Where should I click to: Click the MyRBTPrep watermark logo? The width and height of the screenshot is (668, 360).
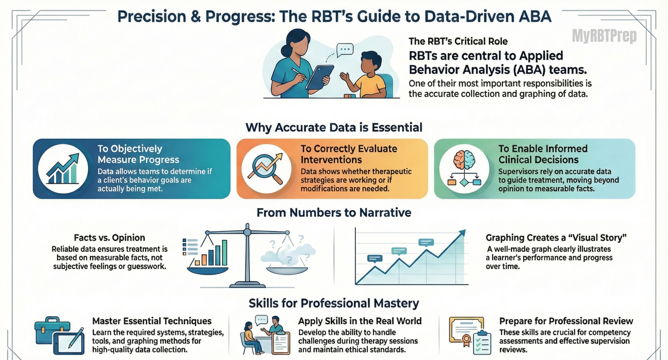pyautogui.click(x=604, y=36)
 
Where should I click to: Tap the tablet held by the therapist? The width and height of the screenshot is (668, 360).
pyautogui.click(x=320, y=77)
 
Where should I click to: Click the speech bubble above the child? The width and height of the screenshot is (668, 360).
pyautogui.click(x=344, y=50)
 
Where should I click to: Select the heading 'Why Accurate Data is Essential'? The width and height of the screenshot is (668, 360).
pyautogui.click(x=334, y=127)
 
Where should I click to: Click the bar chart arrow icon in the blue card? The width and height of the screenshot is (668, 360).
pyautogui.click(x=63, y=169)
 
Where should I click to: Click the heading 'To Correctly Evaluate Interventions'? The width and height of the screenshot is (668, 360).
pyautogui.click(x=349, y=154)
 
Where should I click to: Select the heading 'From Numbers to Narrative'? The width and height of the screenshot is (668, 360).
pyautogui.click(x=334, y=212)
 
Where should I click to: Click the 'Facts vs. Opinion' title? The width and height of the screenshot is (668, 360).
pyautogui.click(x=109, y=238)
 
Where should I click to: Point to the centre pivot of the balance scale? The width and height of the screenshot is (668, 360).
pyautogui.click(x=247, y=232)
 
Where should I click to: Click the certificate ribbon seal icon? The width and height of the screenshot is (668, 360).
pyautogui.click(x=466, y=340)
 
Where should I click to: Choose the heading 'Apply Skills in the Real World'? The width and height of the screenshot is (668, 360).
pyautogui.click(x=360, y=321)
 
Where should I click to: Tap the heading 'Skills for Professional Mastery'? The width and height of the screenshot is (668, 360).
pyautogui.click(x=334, y=303)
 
